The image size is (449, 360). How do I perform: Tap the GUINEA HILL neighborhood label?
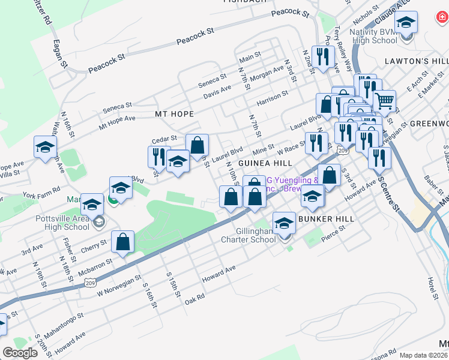click(x=265, y=163)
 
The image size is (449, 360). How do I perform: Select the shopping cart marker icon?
click(x=384, y=101)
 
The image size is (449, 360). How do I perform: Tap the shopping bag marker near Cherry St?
click(x=122, y=242)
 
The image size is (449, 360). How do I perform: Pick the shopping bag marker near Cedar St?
click(x=197, y=145)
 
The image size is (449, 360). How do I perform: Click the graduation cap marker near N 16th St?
click(x=45, y=147)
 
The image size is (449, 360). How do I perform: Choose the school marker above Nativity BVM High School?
click(x=406, y=23)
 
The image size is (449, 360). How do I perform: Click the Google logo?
click(x=20, y=353)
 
